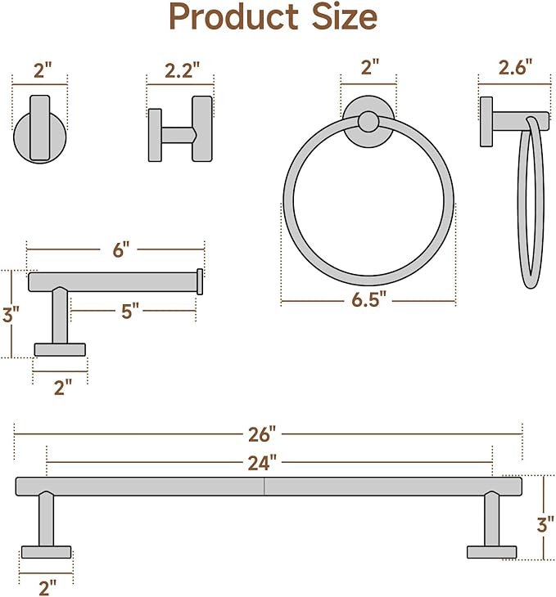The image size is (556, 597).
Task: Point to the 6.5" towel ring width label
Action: pyautogui.click(x=368, y=300)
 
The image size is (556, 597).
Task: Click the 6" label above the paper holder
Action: pyautogui.click(x=121, y=250)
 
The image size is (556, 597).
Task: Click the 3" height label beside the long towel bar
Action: pyautogui.click(x=545, y=523)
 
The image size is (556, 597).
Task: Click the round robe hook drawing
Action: pyautogui.click(x=38, y=131)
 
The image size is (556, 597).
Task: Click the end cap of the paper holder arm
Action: pyautogui.click(x=200, y=281)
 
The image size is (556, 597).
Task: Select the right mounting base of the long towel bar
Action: pyautogui.click(x=491, y=551)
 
